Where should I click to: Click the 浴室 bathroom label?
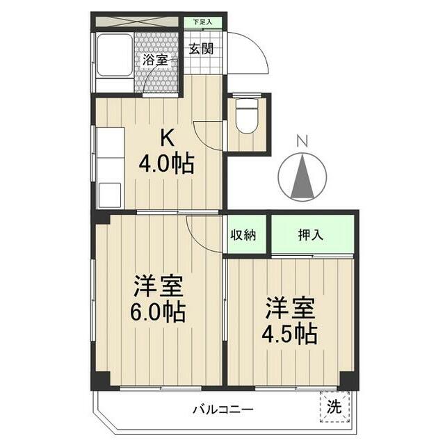[155, 60]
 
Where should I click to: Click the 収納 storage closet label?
[243, 234]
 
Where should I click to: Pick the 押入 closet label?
[311, 234]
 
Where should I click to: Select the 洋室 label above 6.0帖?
[159, 286]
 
